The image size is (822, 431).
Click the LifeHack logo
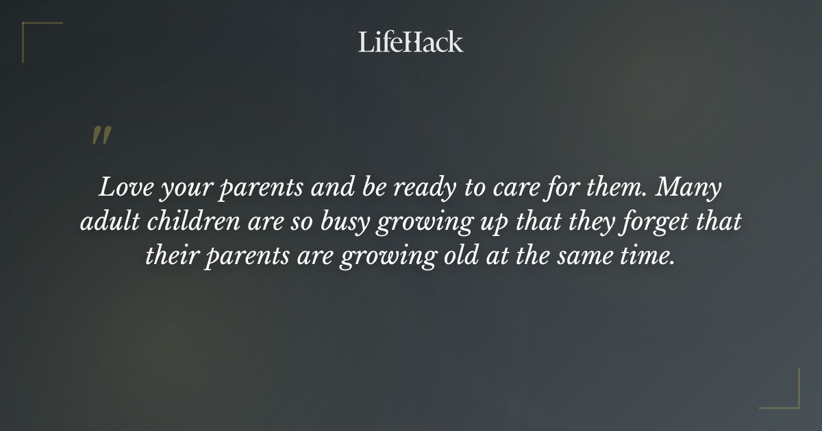point(411,42)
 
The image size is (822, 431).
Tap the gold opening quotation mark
point(101,135)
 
